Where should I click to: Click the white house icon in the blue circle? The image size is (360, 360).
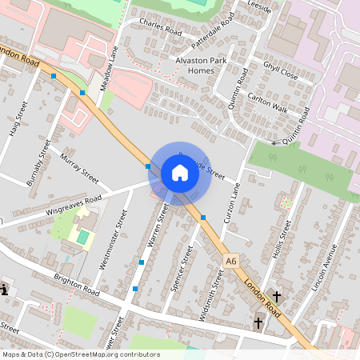180,173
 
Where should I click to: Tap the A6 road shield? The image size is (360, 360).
231,261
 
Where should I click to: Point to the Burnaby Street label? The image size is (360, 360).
39,162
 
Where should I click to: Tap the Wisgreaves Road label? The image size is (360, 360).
74,202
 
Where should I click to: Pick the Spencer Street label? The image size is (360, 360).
183,270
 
